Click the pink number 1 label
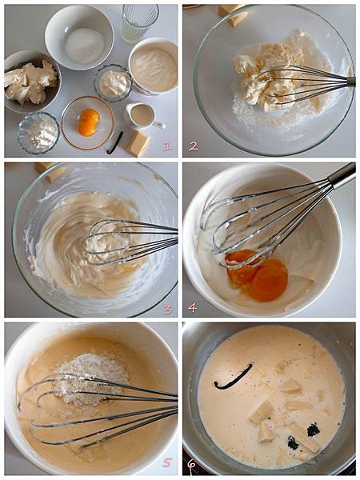(167, 146)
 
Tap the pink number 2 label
(193, 146)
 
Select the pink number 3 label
(168, 310)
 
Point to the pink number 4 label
(192, 308)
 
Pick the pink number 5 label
(167, 462)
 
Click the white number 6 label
(191, 466)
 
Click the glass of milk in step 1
(139, 22)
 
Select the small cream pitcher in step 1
(143, 116)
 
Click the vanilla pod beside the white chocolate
(115, 142)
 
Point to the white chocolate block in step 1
(138, 143)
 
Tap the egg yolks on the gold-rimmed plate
(88, 122)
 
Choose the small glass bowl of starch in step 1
(38, 133)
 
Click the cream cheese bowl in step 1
(31, 82)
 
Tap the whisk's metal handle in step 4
(342, 174)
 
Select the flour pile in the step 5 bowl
(91, 378)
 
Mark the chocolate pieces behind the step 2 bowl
(234, 14)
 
